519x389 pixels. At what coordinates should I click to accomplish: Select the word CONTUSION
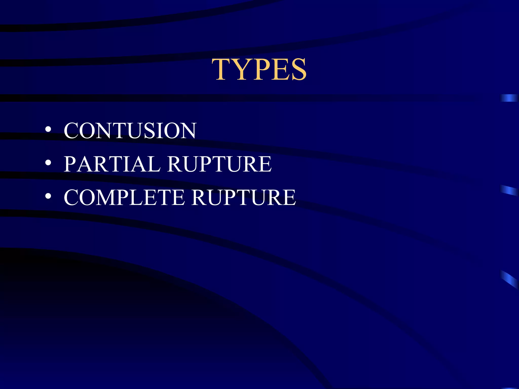point(130,131)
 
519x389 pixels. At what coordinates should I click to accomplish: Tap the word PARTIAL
point(112,164)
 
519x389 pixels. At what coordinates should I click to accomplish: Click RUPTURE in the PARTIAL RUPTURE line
point(219,164)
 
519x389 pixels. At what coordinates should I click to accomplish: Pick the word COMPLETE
point(124,198)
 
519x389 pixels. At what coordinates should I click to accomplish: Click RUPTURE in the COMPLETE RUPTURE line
point(244,198)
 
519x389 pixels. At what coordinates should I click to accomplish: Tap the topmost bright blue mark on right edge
point(509,98)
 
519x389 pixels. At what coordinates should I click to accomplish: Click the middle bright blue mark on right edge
point(509,190)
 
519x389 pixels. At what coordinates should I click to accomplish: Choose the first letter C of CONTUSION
point(72,131)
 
